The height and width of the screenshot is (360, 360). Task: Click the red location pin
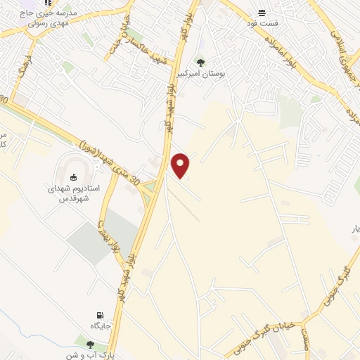pyautogui.click(x=181, y=165)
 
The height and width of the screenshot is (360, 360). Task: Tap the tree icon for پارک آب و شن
pyautogui.click(x=89, y=343)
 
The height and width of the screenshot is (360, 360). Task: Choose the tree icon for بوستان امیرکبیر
pyautogui.click(x=200, y=63)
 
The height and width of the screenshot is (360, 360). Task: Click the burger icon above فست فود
pyautogui.click(x=262, y=13)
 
